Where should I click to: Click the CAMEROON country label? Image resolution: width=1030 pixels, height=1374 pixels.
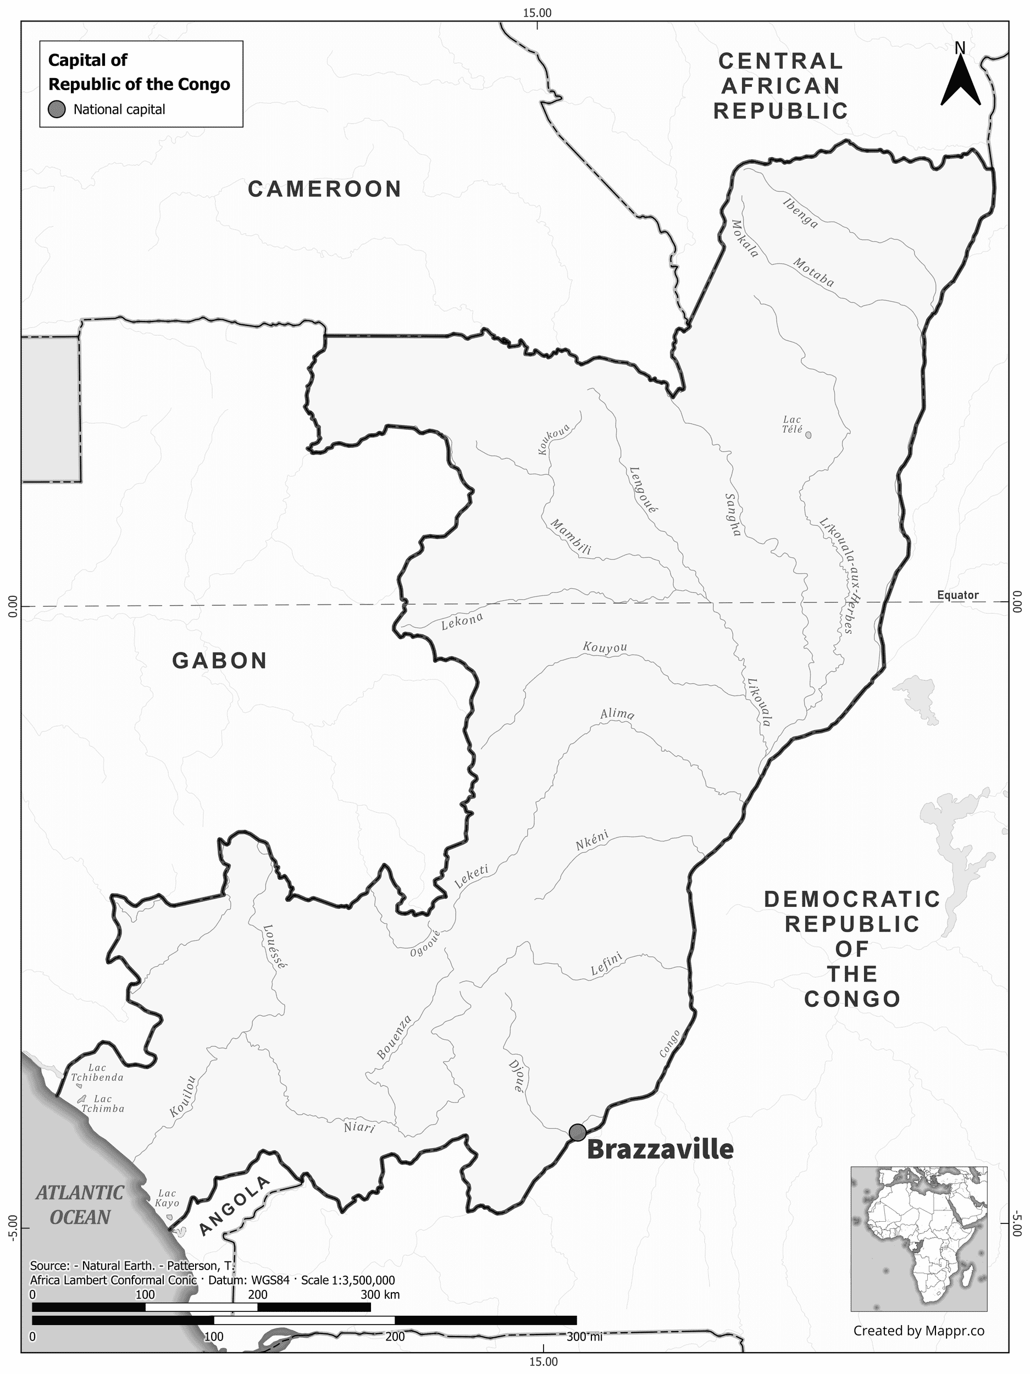point(325,189)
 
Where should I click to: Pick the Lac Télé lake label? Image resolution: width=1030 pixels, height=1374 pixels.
point(792,424)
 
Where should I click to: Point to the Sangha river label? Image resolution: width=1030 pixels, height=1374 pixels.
point(733,514)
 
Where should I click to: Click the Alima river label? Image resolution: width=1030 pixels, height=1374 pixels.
point(617,714)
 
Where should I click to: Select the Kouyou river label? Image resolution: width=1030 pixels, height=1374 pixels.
point(605,647)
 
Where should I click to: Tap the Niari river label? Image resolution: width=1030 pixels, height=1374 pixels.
point(359,1126)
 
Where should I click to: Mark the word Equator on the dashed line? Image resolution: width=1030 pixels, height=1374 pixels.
point(957,595)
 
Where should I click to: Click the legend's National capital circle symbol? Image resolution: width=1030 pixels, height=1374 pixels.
point(57,110)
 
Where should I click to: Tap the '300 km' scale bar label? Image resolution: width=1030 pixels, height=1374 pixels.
point(380,1290)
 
